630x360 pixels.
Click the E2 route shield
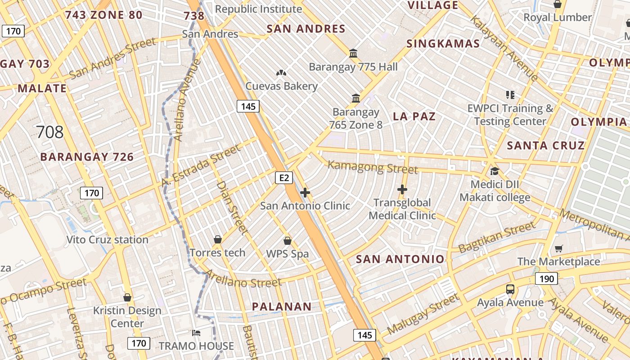coord(284,178)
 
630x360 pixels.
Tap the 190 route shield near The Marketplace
coord(546,279)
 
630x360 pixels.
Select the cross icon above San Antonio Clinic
coord(305,193)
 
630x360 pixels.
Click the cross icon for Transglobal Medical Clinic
coord(402,190)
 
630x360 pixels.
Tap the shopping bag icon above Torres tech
coord(218,239)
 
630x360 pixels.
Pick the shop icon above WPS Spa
coord(288,241)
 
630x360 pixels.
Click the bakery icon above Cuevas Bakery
coord(281,73)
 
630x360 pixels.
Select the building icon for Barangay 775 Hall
coord(353,54)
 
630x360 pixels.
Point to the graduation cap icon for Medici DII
coord(495,171)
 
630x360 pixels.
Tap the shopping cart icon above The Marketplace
coord(559,249)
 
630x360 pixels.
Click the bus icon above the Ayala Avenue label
coord(510,289)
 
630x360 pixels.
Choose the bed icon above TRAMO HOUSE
coord(196,333)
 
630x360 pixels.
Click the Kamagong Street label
coord(373,167)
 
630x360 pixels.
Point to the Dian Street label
coord(232,207)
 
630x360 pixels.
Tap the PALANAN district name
coord(281,307)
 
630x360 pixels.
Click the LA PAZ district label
coord(414,117)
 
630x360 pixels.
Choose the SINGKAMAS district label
coord(443,44)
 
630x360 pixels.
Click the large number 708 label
coord(49,132)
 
